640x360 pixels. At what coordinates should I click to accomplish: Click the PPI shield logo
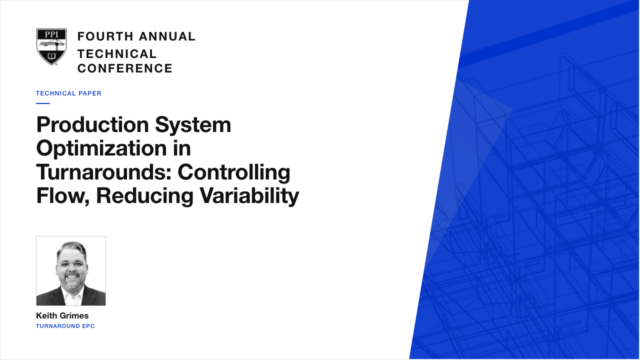[51, 47]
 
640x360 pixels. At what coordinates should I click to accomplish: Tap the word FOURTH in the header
[105, 36]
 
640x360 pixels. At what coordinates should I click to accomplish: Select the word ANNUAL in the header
[167, 36]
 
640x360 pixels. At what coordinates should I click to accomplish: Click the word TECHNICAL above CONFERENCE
[117, 53]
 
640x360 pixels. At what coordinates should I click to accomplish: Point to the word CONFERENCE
[125, 68]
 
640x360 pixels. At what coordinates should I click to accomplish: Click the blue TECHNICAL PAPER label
[68, 93]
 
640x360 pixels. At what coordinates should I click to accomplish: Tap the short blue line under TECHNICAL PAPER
[43, 103]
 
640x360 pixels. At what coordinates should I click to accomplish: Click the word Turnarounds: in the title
[103, 172]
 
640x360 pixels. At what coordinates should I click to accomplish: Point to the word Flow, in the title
[63, 196]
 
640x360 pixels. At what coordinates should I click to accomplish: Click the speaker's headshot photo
[71, 271]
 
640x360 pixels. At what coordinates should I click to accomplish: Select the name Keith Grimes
[62, 315]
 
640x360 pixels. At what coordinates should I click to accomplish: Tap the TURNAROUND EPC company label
[65, 326]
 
